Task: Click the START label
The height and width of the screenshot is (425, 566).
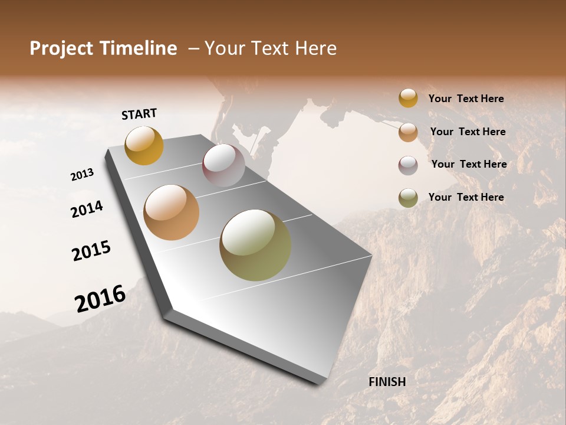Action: (139, 114)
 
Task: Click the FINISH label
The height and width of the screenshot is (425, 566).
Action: (387, 382)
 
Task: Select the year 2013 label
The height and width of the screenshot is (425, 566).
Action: (83, 175)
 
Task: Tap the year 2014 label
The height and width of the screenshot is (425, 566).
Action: (87, 209)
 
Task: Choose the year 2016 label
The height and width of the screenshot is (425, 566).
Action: (100, 298)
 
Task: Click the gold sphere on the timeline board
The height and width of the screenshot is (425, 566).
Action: (144, 145)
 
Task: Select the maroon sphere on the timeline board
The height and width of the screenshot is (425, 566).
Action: (223, 165)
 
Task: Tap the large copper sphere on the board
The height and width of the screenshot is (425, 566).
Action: (171, 212)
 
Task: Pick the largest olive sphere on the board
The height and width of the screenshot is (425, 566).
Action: (255, 245)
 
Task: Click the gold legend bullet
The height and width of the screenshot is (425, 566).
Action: (408, 98)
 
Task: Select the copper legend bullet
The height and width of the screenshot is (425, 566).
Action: (408, 132)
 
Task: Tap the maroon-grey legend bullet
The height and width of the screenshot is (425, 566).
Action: (408, 165)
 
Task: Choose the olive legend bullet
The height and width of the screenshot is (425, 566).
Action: (408, 198)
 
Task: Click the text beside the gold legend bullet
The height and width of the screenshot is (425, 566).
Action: (466, 99)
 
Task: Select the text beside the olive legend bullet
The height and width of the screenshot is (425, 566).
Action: (466, 197)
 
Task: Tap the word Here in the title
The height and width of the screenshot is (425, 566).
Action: (315, 48)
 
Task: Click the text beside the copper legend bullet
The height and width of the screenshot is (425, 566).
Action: (468, 132)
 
